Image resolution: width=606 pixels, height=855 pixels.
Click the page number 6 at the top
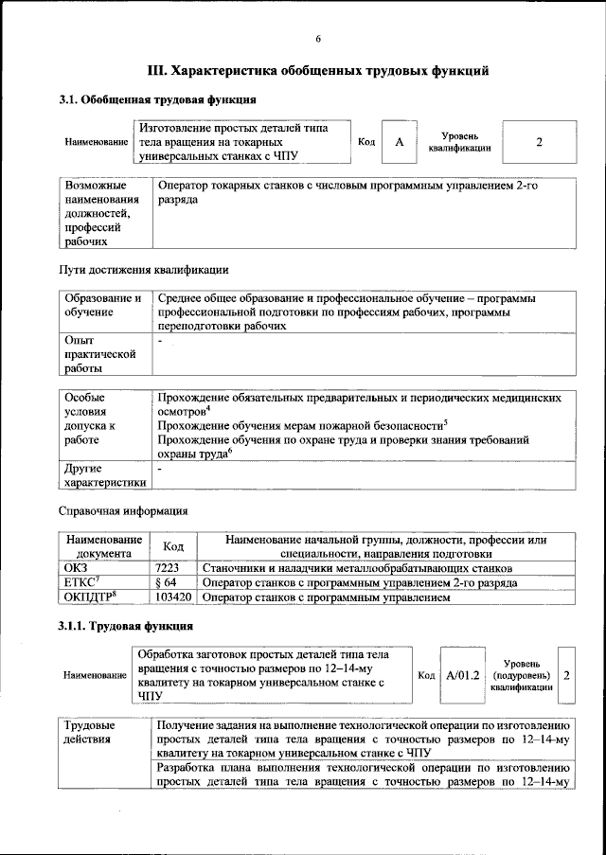(318, 38)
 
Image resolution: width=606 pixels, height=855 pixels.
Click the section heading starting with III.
(318, 70)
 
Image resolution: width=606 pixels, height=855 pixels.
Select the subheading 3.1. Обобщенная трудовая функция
(157, 99)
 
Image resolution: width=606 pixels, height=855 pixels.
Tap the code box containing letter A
(399, 142)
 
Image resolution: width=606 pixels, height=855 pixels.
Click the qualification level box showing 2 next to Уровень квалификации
(538, 142)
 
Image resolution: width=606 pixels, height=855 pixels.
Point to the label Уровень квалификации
(459, 142)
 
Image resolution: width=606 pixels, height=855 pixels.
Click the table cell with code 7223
(173, 568)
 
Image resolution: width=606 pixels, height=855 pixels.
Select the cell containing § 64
(173, 583)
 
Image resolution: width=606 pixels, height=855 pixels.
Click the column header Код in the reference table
(173, 546)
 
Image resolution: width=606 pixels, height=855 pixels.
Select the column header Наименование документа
(103, 546)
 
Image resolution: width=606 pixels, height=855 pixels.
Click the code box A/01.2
(464, 675)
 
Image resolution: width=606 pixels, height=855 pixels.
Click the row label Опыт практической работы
(95, 355)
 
